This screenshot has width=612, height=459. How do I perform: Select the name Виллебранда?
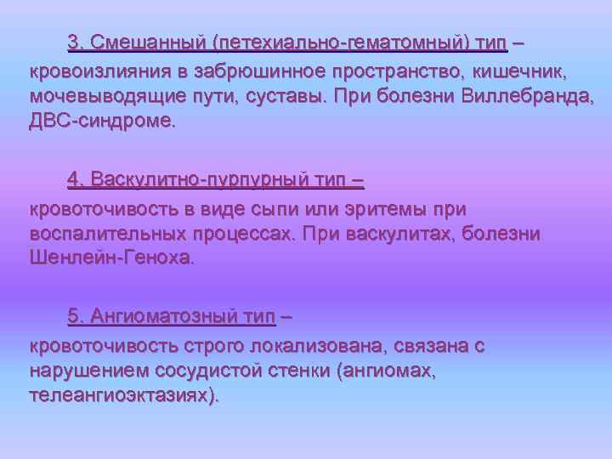[x=529, y=94]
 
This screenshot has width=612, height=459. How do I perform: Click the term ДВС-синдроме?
[x=102, y=120]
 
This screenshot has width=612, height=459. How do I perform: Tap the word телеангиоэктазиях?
[x=122, y=395]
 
